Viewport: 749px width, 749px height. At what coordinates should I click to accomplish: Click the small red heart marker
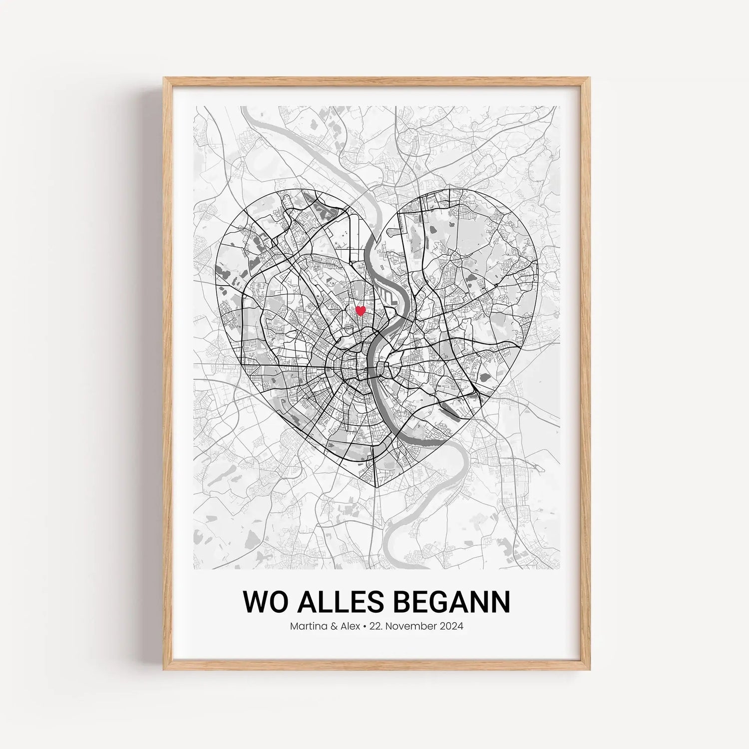tap(360, 311)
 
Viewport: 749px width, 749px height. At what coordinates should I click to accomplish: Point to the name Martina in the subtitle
tap(306, 626)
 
